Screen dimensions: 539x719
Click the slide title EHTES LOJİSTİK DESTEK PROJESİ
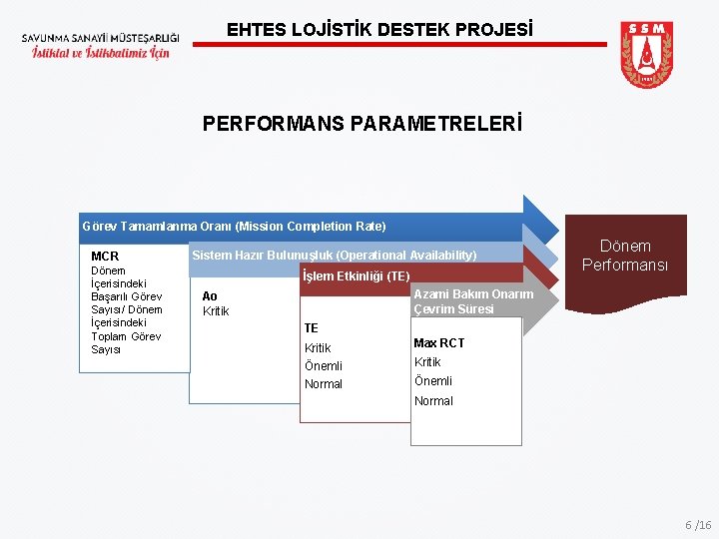(379, 30)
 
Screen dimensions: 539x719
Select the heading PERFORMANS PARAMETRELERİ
(361, 125)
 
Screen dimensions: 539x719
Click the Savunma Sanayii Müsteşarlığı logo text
(96, 44)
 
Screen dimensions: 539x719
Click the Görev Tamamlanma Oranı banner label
(234, 227)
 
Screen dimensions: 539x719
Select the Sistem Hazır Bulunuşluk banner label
(334, 256)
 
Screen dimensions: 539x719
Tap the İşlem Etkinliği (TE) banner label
(356, 276)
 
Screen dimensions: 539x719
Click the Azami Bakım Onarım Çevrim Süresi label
(472, 301)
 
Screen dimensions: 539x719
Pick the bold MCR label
(105, 257)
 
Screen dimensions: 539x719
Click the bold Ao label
(210, 296)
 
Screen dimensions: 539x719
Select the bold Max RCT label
(438, 343)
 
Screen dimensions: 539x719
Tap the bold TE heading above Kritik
(312, 328)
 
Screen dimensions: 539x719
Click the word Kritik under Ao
(216, 311)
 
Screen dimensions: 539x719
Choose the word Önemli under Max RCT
(433, 381)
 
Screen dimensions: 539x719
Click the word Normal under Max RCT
(433, 401)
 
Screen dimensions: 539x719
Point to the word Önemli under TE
(324, 366)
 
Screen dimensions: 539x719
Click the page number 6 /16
(698, 525)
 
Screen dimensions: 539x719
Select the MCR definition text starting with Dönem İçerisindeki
(127, 309)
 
